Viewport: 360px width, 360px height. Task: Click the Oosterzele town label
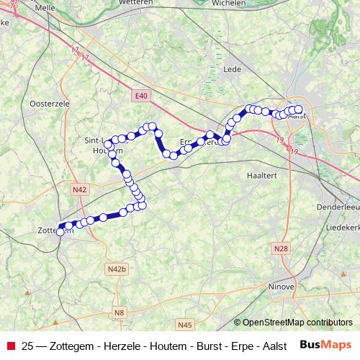pos(48,104)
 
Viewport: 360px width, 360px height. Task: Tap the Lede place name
pos(233,70)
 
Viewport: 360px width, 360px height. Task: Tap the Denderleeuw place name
pos(338,207)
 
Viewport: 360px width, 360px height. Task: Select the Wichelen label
pos(230,3)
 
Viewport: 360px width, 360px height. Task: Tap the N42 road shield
pos(79,189)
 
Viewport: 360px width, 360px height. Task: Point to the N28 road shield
pos(281,248)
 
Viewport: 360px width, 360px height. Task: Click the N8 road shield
pos(119,312)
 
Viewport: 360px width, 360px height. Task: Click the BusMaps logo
pos(325,344)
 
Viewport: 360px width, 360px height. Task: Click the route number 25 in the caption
pos(27,345)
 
